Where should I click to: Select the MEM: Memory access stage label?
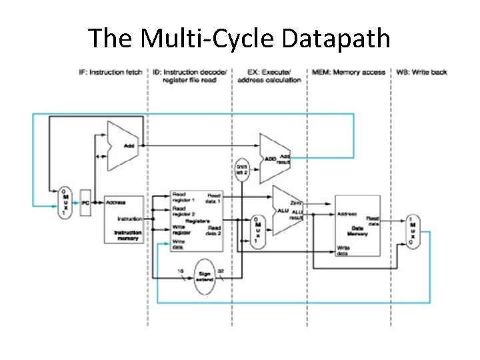pyautogui.click(x=349, y=72)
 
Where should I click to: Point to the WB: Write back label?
pyautogui.click(x=422, y=72)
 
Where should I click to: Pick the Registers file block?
pyautogui.click(x=197, y=219)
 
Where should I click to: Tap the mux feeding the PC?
pyautogui.click(x=64, y=200)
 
